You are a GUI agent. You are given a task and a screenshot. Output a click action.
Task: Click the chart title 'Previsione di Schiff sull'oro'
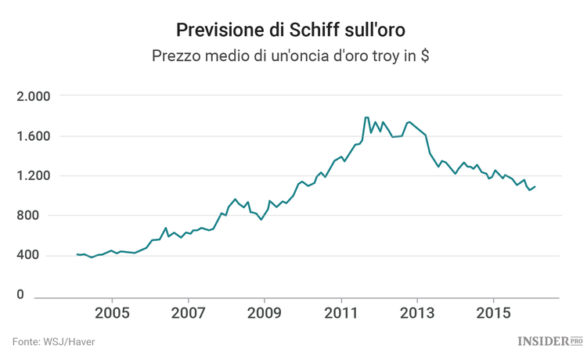(x=293, y=29)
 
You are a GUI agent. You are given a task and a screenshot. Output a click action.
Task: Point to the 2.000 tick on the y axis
(x=33, y=96)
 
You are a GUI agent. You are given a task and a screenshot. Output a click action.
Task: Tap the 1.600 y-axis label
(x=33, y=136)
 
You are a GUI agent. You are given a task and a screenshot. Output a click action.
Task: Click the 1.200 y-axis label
(x=33, y=176)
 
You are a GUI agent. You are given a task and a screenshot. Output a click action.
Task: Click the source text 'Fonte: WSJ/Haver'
(x=52, y=342)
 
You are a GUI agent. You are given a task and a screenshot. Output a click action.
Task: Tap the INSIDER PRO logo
(x=550, y=340)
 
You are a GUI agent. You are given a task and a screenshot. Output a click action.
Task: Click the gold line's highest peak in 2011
(x=366, y=117)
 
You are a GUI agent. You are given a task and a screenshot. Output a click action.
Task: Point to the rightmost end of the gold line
(x=535, y=186)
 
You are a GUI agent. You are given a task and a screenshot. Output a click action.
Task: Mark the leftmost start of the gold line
(x=77, y=254)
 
